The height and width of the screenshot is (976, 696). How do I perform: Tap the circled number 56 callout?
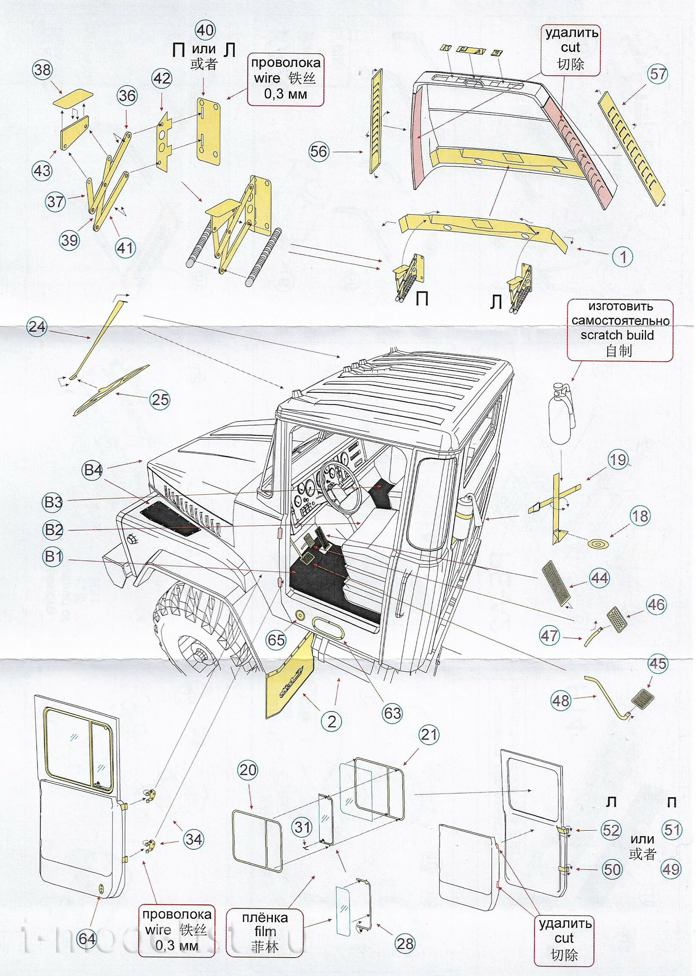click(318, 151)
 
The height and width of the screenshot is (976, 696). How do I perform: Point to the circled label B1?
click(53, 557)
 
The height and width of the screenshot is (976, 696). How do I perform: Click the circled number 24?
click(37, 327)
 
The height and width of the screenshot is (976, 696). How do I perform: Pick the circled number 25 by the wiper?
click(160, 400)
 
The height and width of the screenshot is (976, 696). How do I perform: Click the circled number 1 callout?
click(623, 257)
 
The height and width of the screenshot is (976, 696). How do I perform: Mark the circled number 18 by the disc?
click(640, 516)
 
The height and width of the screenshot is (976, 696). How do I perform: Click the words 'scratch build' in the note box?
click(617, 335)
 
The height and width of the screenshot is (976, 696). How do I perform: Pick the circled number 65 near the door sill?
click(276, 640)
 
